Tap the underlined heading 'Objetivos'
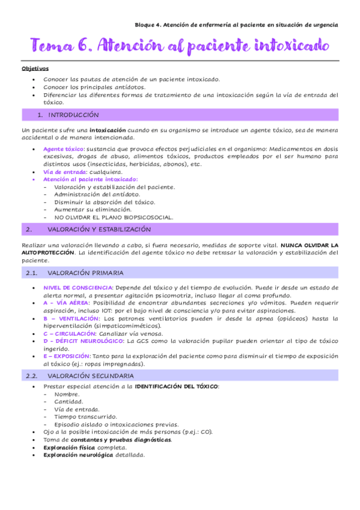35,69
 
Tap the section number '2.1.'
32,272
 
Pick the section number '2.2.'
32,375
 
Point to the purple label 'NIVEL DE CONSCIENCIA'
78,287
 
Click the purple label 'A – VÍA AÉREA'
66,303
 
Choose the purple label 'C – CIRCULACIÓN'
70,333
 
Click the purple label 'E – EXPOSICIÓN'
67,356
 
